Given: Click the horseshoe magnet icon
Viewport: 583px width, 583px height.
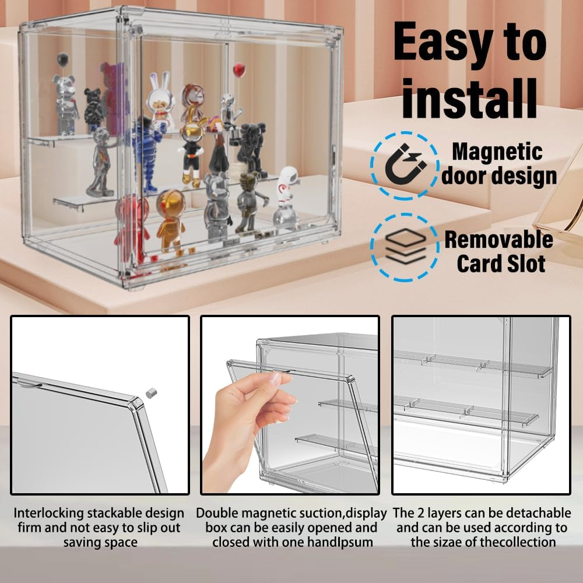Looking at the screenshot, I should click(405, 166).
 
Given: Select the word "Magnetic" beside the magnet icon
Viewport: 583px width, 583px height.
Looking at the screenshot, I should click(497, 152).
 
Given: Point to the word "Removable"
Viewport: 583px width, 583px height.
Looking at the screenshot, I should click(498, 240).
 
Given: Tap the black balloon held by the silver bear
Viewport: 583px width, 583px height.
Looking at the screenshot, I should click(63, 59).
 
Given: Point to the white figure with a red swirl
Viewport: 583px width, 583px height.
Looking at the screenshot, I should click(286, 195).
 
